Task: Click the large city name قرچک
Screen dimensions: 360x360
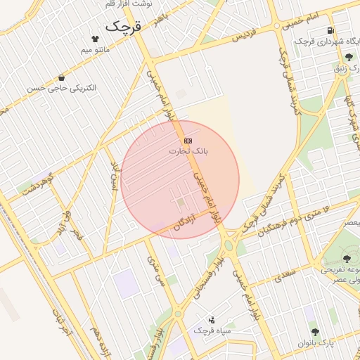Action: pyautogui.click(x=124, y=27)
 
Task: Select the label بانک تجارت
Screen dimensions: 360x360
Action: pyautogui.click(x=189, y=151)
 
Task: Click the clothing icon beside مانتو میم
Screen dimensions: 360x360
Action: pyautogui.click(x=96, y=39)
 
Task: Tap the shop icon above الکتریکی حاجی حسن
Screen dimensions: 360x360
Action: pyautogui.click(x=62, y=78)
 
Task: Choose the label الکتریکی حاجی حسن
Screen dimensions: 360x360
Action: pyautogui.click(x=62, y=89)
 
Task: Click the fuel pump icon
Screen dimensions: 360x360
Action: pyautogui.click(x=330, y=31)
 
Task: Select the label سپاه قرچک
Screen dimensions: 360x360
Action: pyautogui.click(x=210, y=330)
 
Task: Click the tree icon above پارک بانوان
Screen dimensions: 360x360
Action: pyautogui.click(x=314, y=331)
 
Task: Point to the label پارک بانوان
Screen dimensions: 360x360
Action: pyautogui.click(x=313, y=342)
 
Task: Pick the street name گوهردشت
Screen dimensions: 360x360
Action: pyautogui.click(x=37, y=186)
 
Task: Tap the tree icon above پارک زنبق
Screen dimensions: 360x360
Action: pyautogui.click(x=349, y=58)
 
